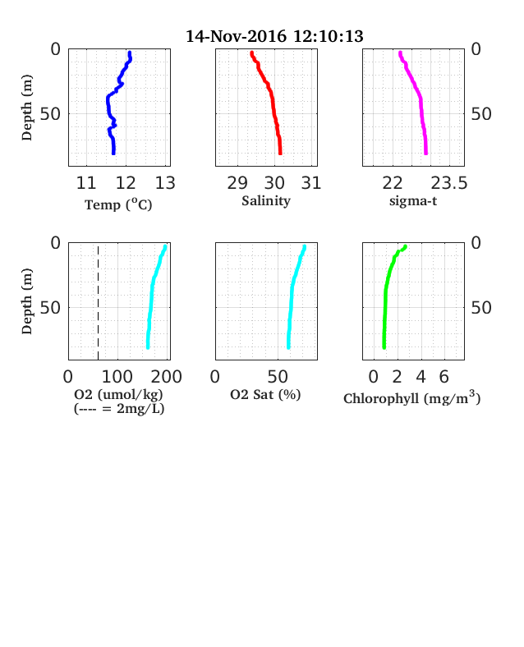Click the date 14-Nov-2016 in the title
tap(236, 36)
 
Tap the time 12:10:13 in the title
tap(329, 36)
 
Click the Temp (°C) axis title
tap(118, 204)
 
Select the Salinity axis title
tap(266, 201)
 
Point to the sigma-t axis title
tap(413, 201)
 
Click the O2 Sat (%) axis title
tap(265, 395)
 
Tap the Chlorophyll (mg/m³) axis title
tap(412, 397)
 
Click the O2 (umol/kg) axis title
tap(118, 395)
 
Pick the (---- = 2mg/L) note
tap(119, 409)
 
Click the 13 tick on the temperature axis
tap(165, 183)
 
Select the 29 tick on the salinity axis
tap(237, 183)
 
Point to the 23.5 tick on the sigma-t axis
tap(449, 183)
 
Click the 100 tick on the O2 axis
tap(117, 377)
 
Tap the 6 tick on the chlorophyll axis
tap(444, 377)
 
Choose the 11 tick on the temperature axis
tap(86, 183)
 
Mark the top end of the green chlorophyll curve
tap(405, 247)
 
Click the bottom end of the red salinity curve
tap(280, 154)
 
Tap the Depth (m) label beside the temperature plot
tap(27, 108)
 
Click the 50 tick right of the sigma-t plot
tap(481, 114)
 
